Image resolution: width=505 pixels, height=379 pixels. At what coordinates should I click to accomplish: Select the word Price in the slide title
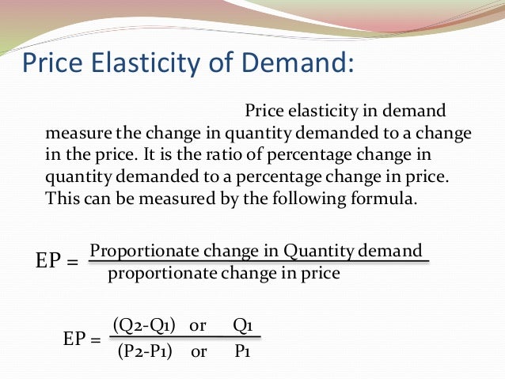click(x=55, y=64)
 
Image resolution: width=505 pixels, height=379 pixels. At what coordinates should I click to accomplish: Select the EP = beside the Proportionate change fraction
click(x=58, y=260)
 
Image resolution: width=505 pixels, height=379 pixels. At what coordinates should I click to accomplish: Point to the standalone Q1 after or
click(x=243, y=325)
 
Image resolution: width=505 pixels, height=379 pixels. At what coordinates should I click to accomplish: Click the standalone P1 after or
click(x=243, y=351)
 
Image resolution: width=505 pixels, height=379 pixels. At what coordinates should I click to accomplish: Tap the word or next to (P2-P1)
click(x=198, y=351)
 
